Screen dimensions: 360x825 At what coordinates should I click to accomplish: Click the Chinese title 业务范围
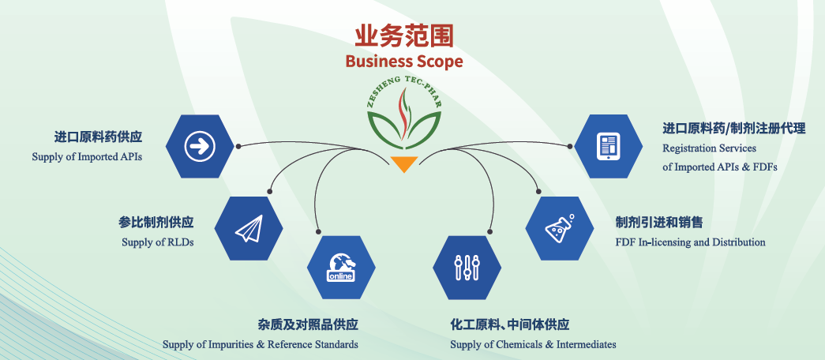click(403, 35)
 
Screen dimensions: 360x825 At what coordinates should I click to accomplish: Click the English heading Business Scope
click(403, 61)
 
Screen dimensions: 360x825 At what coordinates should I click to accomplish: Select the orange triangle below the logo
click(403, 164)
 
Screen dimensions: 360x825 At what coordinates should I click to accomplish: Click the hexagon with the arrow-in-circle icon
click(200, 145)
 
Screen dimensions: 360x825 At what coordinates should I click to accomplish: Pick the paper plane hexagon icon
click(248, 228)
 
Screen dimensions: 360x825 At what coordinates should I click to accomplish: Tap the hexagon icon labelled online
click(340, 267)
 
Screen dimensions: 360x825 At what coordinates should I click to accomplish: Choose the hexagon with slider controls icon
click(467, 267)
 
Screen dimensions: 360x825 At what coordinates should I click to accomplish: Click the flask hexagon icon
click(559, 228)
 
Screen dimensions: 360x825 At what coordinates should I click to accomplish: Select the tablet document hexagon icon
click(607, 146)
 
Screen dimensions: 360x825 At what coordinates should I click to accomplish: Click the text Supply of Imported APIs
click(87, 156)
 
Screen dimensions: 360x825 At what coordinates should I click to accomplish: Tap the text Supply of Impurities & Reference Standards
click(260, 344)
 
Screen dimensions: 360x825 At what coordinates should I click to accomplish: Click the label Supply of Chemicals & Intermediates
click(533, 344)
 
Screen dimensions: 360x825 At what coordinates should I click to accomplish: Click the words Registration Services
click(709, 148)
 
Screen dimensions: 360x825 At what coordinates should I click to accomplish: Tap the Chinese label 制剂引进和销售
click(659, 222)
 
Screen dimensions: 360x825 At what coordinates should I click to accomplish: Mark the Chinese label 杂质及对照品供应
click(308, 324)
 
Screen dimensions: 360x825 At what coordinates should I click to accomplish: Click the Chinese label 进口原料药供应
click(103, 136)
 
